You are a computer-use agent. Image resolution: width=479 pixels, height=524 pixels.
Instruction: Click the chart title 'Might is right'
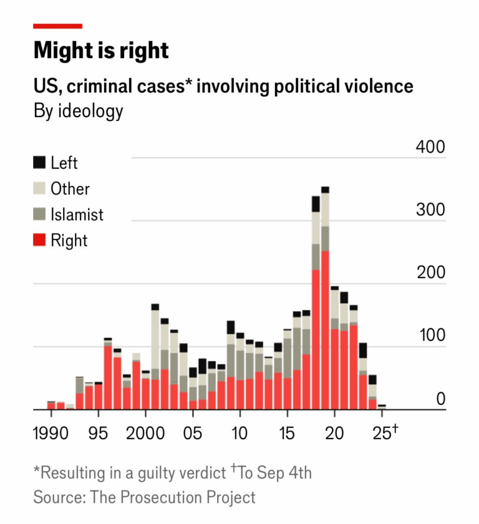[101, 51]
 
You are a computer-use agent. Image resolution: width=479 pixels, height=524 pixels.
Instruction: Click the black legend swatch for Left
[40, 163]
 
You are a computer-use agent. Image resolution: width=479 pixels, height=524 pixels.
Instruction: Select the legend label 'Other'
[70, 189]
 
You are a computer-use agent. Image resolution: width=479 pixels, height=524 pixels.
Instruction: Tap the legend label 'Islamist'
[77, 215]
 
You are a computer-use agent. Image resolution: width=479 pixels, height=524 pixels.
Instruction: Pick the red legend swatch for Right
[40, 241]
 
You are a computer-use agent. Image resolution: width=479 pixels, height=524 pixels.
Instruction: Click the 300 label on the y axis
[431, 210]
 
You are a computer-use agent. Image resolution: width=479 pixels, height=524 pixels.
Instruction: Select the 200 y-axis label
[431, 273]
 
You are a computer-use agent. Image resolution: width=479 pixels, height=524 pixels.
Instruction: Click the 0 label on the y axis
[440, 399]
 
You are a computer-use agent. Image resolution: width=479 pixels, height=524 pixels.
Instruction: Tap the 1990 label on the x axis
[51, 433]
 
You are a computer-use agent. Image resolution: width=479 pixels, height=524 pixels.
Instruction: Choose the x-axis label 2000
[145, 433]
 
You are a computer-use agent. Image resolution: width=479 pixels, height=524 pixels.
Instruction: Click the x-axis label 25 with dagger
[384, 432]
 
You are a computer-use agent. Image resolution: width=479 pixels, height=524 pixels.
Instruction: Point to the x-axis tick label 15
[287, 433]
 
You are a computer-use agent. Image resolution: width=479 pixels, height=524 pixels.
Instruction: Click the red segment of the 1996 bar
[108, 377]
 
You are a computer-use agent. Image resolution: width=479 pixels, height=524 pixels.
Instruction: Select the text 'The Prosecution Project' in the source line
[173, 497]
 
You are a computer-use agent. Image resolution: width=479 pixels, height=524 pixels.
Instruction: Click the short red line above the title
[57, 26]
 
